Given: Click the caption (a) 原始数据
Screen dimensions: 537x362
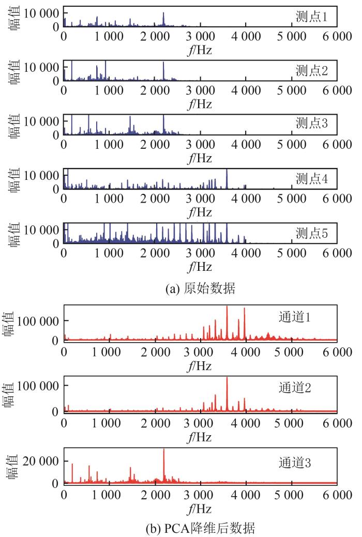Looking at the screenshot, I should [200, 289].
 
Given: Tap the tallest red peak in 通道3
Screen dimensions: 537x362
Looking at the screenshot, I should [164, 450].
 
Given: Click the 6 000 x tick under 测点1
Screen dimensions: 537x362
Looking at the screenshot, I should [337, 37].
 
